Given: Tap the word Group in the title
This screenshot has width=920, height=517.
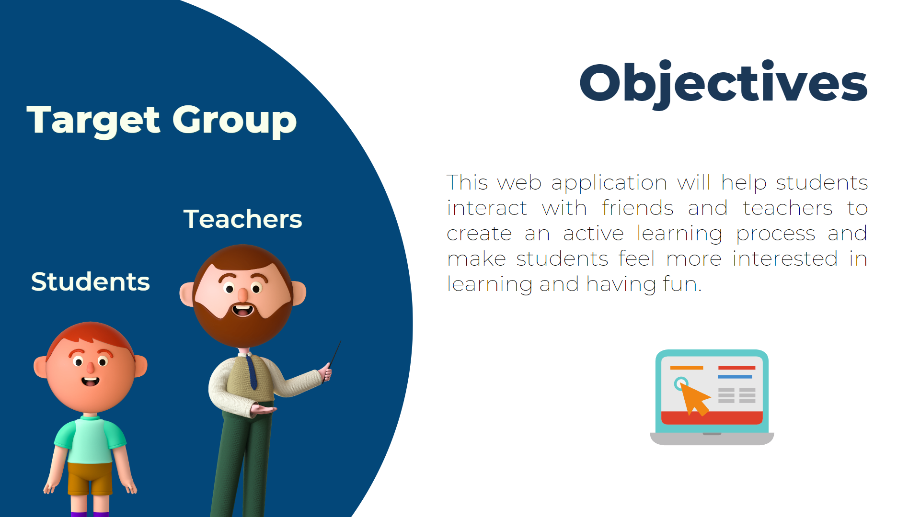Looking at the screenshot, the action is click(235, 121).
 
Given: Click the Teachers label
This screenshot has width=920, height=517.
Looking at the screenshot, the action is click(242, 219).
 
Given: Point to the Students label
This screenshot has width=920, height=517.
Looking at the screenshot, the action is click(91, 281).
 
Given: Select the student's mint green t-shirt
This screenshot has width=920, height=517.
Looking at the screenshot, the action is click(90, 439).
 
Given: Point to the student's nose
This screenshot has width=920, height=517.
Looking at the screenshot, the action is click(90, 368).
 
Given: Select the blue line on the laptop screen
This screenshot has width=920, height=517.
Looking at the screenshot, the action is click(735, 377).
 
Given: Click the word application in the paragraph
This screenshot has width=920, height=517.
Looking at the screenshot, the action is click(609, 183).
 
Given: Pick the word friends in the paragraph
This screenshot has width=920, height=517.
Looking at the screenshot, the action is click(638, 208).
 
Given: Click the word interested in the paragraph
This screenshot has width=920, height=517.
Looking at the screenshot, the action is click(785, 259).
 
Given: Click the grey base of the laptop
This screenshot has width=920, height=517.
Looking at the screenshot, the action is click(712, 438).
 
